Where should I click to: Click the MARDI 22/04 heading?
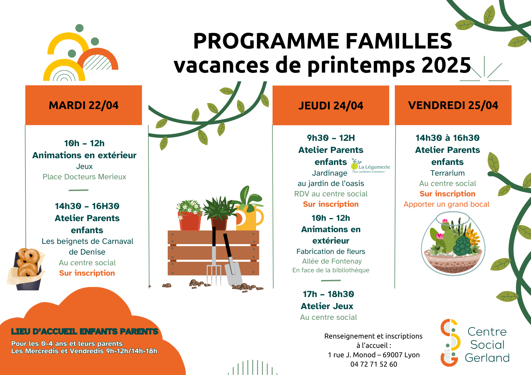click(x=83, y=105)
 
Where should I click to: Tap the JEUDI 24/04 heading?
click(x=331, y=106)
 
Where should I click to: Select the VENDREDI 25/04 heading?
click(x=453, y=105)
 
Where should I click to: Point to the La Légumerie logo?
click(x=370, y=166)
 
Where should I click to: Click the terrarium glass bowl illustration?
click(x=453, y=244)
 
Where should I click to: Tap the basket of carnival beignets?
click(x=26, y=269)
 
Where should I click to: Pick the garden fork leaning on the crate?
click(x=214, y=256)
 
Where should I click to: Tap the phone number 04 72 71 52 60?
click(x=374, y=364)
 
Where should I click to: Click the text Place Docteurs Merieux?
click(x=84, y=177)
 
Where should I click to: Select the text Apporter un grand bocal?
click(x=446, y=204)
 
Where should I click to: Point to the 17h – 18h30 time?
click(x=328, y=294)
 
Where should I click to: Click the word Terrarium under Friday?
click(x=447, y=173)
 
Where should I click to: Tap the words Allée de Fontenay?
click(x=332, y=261)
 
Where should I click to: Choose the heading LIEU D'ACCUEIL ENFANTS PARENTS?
click(x=85, y=332)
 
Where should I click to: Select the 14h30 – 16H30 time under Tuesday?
click(x=87, y=206)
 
